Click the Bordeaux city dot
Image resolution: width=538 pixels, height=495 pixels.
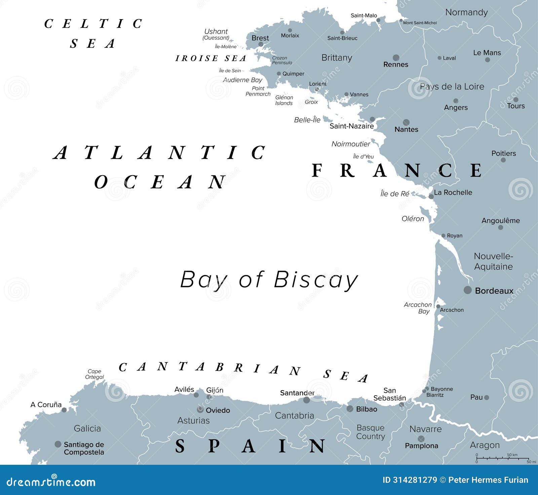467,290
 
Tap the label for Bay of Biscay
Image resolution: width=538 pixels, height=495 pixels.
269,279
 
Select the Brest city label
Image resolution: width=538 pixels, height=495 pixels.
260,38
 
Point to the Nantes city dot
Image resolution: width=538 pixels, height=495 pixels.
406,122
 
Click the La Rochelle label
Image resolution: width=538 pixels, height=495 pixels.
453,192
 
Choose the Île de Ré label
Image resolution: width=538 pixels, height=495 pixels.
395,194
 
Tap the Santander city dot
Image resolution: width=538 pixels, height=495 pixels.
306,400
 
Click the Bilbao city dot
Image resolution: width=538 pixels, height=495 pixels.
350,409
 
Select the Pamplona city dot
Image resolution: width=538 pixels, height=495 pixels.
421,439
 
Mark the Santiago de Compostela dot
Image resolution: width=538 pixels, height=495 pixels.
58,444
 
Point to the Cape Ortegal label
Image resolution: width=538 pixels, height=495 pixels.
94,374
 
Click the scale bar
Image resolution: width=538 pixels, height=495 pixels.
502,458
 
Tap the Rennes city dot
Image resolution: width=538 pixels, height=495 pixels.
396,57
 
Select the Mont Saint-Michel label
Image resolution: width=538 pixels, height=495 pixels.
420,23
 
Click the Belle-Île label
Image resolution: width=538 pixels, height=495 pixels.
307,120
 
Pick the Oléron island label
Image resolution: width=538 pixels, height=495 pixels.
413,219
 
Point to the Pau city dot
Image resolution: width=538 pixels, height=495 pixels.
487,398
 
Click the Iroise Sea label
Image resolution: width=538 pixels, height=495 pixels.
211,58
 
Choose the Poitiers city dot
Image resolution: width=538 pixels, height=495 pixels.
503,160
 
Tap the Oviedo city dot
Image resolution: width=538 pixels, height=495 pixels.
200,409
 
